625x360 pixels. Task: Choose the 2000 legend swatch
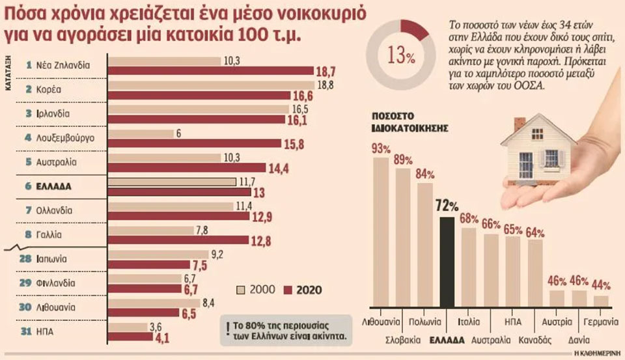(239, 290)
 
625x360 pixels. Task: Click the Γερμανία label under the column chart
(600, 322)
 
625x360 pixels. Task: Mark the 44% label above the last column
(601, 286)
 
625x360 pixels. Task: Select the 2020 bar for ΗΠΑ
(130, 337)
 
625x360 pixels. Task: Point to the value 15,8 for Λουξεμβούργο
(303, 143)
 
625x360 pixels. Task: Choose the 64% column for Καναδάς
(535, 273)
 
